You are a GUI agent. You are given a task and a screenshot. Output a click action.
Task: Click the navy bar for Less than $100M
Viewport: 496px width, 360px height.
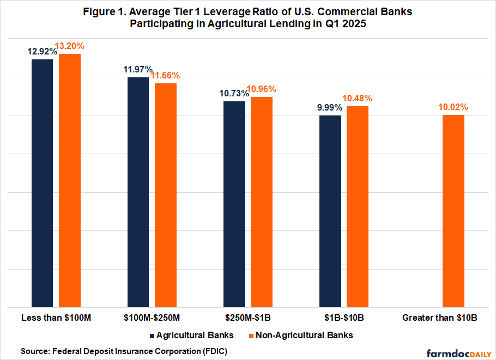coord(43,183)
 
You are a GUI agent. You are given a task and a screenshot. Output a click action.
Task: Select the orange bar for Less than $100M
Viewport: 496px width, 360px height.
coord(70,180)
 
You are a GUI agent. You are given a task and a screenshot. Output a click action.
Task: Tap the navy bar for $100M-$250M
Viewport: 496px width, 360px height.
coord(138,192)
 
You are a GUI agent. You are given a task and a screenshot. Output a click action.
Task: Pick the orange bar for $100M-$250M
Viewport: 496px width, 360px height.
coord(166,195)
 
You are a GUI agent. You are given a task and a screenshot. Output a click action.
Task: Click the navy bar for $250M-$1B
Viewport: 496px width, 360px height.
coord(234,204)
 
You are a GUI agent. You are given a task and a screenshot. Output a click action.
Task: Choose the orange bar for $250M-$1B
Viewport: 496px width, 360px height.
coord(262,202)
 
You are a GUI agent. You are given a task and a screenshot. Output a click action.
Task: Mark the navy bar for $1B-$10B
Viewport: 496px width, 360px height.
coord(330,211)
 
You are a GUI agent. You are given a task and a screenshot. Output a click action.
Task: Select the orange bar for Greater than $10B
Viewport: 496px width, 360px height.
coord(453,211)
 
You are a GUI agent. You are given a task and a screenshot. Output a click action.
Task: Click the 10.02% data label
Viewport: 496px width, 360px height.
coord(453,107)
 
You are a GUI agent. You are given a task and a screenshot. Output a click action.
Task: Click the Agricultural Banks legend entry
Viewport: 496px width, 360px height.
coord(191,335)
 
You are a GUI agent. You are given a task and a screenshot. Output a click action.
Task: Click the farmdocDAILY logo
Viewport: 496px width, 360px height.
coord(458,351)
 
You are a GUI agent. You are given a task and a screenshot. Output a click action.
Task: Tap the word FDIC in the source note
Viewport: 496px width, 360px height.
coord(214,351)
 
